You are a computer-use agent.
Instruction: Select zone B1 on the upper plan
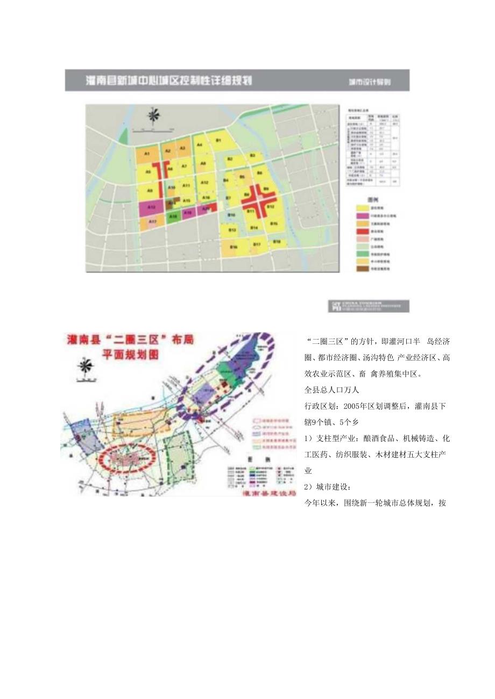coord(218,141)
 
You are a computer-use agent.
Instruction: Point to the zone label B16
coord(234,247)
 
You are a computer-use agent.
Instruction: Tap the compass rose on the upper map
coord(154,117)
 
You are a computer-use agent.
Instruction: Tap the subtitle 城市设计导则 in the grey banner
coord(369,82)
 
